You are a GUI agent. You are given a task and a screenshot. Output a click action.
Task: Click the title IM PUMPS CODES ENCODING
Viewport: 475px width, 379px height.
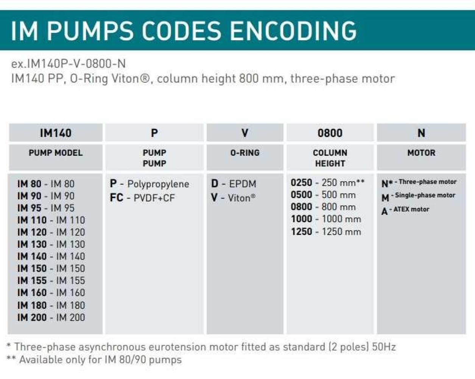coord(184,31)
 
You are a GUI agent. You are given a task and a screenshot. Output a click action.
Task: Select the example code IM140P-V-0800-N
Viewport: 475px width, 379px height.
coord(69,63)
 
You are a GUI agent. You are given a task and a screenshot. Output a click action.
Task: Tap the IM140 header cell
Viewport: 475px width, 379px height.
coord(56,133)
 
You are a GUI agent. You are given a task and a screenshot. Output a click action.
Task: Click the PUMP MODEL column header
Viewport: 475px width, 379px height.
coord(56,153)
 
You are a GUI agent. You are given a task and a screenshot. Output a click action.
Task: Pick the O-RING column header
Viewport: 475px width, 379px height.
coord(245,153)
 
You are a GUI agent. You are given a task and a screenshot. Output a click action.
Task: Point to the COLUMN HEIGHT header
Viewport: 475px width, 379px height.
coord(330,158)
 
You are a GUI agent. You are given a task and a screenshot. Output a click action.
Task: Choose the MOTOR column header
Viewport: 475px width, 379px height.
coord(421,153)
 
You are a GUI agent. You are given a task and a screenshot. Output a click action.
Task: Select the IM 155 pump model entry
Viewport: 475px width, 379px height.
coord(51,281)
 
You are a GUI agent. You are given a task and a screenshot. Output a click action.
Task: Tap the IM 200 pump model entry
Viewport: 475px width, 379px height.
coord(51,317)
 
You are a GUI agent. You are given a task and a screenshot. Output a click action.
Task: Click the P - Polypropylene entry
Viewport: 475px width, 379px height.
coord(150,184)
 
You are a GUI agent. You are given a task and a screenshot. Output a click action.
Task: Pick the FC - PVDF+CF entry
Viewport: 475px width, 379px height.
coord(142,197)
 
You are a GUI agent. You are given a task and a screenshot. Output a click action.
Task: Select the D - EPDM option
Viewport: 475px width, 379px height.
coord(234,184)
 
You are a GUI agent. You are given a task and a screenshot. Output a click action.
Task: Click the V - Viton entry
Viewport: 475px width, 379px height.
coord(233,197)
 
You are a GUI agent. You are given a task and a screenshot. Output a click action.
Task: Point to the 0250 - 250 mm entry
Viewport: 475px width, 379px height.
coord(327,183)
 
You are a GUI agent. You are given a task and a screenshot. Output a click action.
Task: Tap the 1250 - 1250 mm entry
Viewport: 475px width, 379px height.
coord(326,232)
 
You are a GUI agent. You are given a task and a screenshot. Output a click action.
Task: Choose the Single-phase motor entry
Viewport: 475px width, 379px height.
coord(418,196)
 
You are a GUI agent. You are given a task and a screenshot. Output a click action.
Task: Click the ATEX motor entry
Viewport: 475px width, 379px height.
coord(405,210)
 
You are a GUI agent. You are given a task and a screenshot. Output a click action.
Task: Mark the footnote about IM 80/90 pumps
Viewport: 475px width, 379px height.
coord(94,360)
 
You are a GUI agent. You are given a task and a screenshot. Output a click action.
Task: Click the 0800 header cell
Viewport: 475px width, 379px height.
coord(330,133)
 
